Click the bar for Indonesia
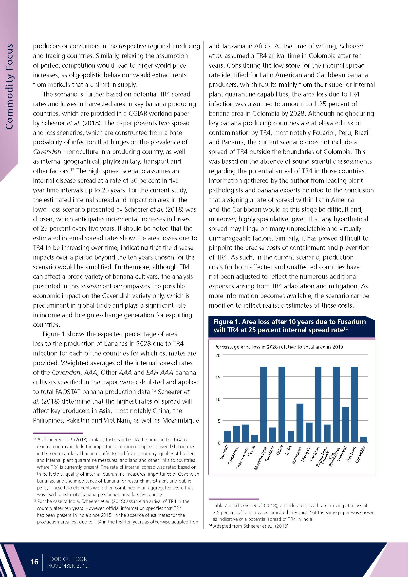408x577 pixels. tap(300, 423)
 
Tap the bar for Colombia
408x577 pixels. tap(363, 440)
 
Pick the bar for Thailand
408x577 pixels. tap(345, 425)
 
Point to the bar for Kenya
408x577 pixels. tap(255, 439)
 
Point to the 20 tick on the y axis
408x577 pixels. tap(218, 356)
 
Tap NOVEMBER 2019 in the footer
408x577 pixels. tap(68, 566)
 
